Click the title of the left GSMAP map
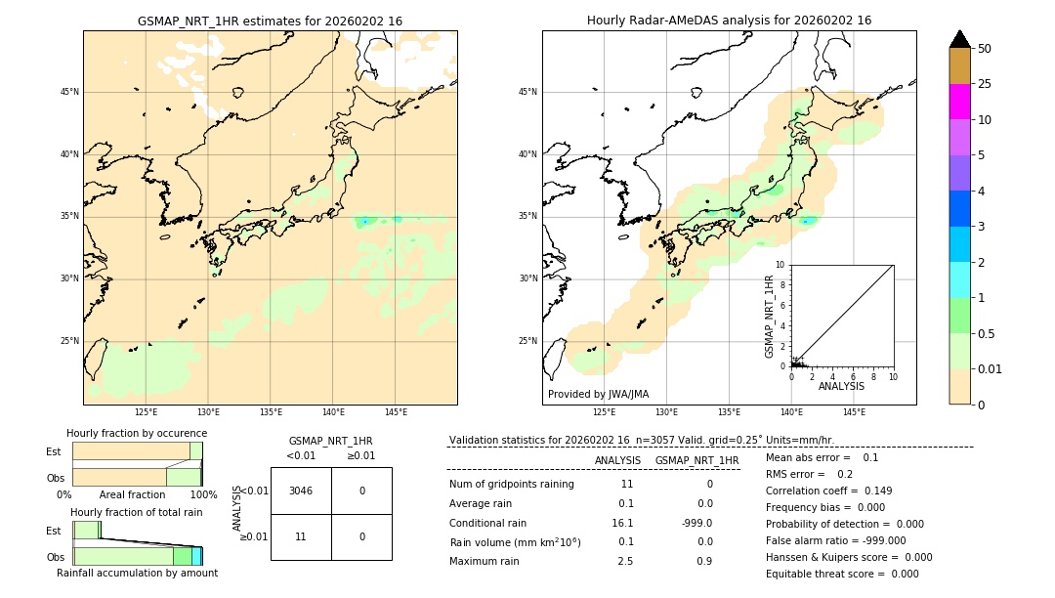click(x=270, y=21)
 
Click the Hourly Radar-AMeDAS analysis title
click(x=729, y=21)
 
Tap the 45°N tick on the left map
click(x=70, y=92)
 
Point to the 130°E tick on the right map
click(x=666, y=412)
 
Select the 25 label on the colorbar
click(x=985, y=84)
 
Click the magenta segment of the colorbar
click(x=959, y=102)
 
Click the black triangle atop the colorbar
click(x=959, y=39)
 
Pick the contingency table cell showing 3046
click(x=301, y=491)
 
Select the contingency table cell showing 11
click(x=301, y=536)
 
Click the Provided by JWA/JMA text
click(x=598, y=394)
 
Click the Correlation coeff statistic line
click(x=827, y=491)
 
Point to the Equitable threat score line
click(x=842, y=574)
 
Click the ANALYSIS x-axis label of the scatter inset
click(x=841, y=386)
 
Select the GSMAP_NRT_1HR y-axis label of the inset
click(x=769, y=316)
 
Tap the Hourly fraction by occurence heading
click(x=137, y=433)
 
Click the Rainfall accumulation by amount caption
click(x=137, y=573)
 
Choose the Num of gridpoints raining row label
click(x=511, y=484)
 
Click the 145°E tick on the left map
click(x=396, y=412)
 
